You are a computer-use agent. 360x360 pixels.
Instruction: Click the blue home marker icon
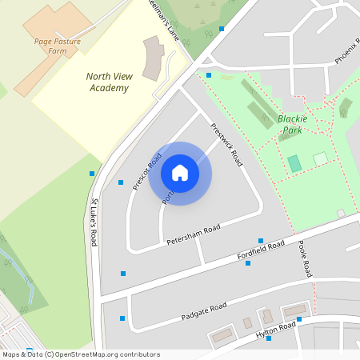[180, 172]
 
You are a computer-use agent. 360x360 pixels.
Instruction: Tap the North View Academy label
[108, 82]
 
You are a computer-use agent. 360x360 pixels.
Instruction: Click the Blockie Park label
[292, 123]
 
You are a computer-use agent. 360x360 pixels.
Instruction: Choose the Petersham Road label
[193, 234]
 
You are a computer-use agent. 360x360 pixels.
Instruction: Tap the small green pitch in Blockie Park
[294, 163]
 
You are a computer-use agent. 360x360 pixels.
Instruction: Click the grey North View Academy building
[153, 58]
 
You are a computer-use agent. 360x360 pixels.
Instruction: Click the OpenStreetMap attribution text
[80, 354]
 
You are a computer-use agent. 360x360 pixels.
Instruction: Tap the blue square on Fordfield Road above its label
[260, 241]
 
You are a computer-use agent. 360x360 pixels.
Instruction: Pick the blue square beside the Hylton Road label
[299, 319]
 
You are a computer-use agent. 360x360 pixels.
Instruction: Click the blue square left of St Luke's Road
[92, 174]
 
